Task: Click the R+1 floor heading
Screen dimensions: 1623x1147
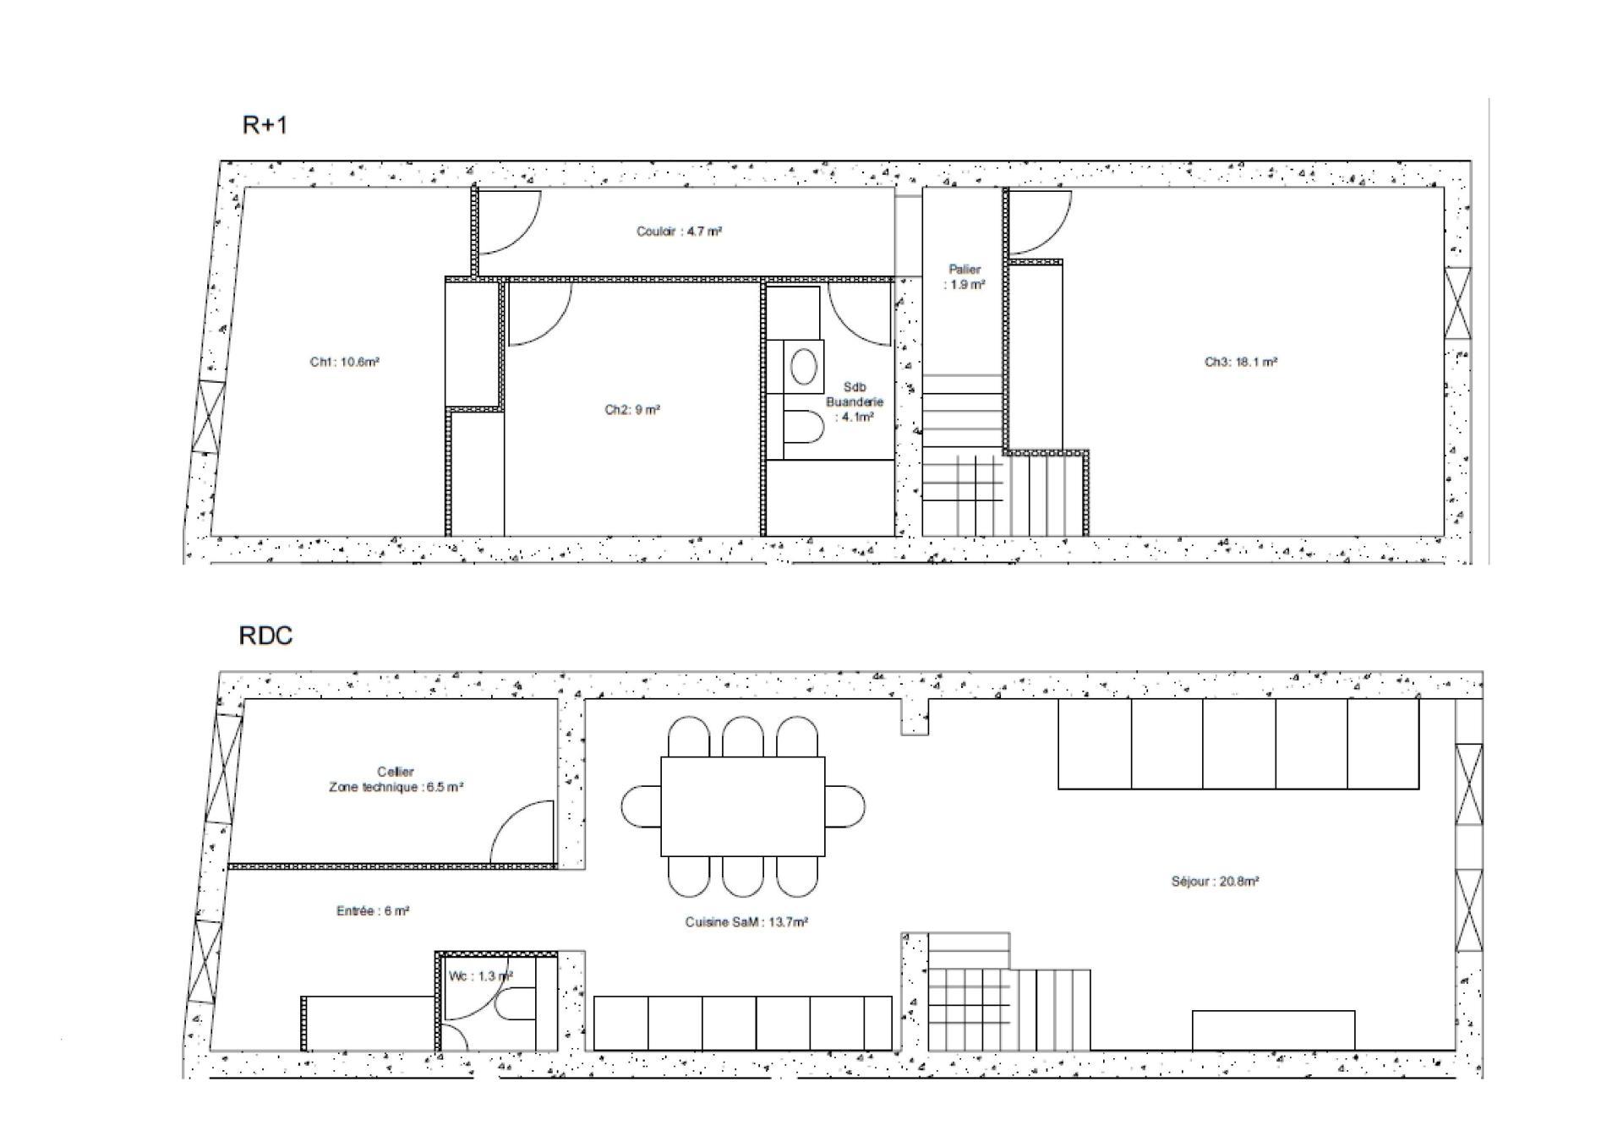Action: coord(265,125)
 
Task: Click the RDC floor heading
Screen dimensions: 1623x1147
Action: coord(266,636)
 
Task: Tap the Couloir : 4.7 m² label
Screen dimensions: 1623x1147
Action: coord(679,231)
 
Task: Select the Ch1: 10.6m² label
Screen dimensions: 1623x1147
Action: coord(344,362)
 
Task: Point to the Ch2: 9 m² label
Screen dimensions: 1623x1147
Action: coord(632,410)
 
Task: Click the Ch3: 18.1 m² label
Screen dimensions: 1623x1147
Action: coord(1241,362)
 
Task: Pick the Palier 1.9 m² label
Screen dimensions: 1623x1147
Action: coord(965,277)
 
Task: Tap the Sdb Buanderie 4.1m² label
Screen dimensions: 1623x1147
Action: coord(855,402)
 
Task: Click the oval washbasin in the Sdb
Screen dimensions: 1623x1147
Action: coord(803,368)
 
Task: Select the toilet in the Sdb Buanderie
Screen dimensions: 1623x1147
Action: coord(803,427)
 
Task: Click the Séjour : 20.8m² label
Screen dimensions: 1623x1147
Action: coord(1216,881)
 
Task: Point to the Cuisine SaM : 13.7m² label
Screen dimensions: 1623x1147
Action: coord(746,922)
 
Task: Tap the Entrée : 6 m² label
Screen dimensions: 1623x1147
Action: coord(373,911)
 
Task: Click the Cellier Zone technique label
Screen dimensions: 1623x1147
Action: coord(396,779)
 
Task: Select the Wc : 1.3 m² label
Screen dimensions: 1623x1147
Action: coord(481,976)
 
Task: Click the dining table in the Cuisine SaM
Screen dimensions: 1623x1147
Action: coord(743,806)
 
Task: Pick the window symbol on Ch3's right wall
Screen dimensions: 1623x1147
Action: coord(1457,303)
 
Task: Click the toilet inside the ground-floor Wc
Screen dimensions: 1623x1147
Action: coord(515,1004)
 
